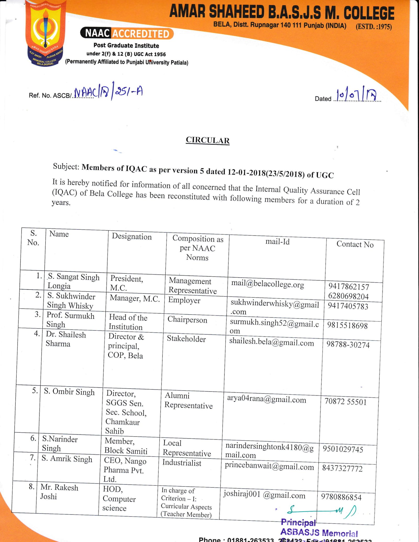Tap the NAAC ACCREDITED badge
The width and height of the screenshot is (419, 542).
click(127, 33)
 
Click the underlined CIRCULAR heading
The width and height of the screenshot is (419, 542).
click(208, 140)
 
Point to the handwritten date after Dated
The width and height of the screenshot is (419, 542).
click(356, 96)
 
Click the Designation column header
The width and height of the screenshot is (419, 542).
click(132, 237)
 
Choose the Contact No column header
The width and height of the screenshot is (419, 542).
click(355, 244)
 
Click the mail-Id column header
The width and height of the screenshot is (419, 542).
click(277, 242)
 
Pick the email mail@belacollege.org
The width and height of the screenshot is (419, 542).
click(267, 284)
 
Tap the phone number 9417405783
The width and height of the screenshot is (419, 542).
click(348, 306)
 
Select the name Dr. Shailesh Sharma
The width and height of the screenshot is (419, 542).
click(65, 339)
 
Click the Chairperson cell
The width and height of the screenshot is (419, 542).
click(187, 320)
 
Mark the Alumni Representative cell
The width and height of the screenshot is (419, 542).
click(188, 400)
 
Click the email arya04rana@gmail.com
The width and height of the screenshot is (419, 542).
click(266, 400)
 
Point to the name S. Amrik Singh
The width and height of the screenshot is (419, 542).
click(67, 459)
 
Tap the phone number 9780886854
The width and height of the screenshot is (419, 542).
click(341, 497)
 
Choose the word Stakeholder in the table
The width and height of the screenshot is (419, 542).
click(186, 339)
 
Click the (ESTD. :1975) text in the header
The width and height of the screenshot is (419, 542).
click(373, 27)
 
